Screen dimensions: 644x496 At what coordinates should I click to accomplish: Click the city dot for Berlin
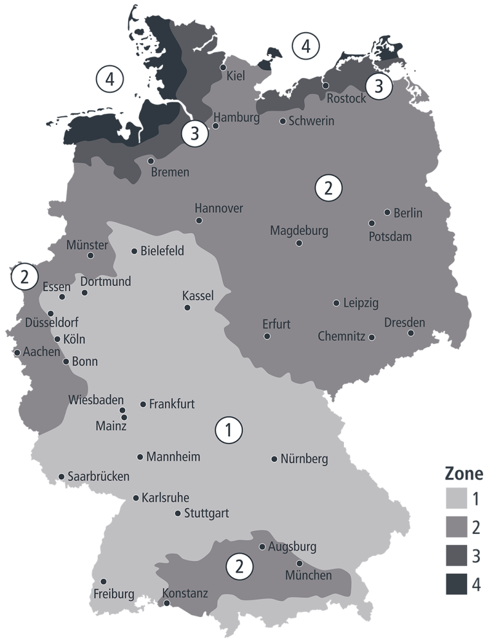pos(387,212)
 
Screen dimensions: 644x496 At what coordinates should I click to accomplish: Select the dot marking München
pos(299,563)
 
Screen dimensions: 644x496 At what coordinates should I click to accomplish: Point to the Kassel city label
pos(198,296)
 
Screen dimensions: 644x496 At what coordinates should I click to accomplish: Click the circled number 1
pos(229,430)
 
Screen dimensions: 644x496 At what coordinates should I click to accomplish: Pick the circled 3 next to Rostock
pos(379,85)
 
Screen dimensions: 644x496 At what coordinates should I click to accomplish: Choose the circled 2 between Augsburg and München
pos(239,567)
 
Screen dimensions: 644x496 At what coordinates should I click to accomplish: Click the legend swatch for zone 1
pos(455,498)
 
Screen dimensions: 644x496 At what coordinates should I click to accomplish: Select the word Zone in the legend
pos(464,474)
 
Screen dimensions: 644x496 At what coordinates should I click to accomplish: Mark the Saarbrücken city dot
pos(61,477)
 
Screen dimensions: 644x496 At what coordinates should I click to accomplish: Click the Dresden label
pos(405,323)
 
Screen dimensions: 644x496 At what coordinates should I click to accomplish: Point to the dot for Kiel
pos(224,67)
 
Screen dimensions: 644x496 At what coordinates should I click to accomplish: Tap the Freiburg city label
pos(113,593)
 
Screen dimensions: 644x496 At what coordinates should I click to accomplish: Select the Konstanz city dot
pos(167,603)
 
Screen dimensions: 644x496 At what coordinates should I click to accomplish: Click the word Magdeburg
pos(299,231)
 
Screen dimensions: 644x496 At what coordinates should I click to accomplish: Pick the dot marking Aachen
pos(17,352)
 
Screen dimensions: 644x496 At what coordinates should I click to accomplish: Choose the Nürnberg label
pos(304,459)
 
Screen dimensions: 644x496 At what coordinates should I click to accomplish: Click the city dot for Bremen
pos(151,160)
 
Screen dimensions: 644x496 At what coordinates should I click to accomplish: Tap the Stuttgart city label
pos(206,514)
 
